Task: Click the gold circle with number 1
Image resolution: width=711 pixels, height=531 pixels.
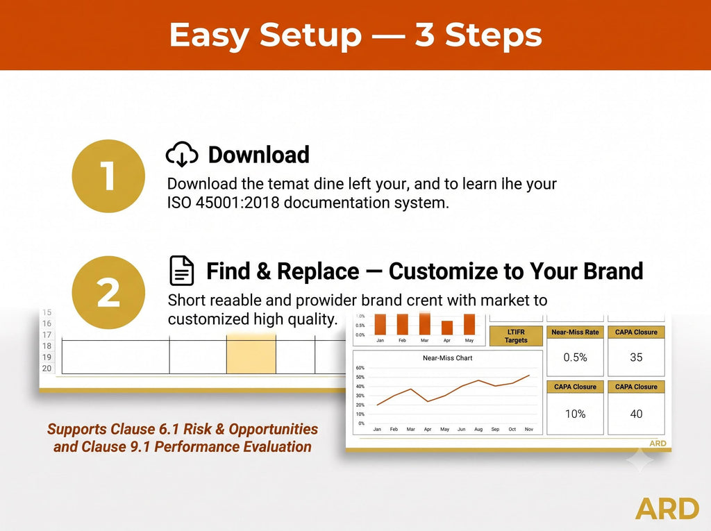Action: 108,176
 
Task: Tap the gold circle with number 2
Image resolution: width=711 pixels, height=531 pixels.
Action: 108,292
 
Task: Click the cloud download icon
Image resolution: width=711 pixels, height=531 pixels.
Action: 182,154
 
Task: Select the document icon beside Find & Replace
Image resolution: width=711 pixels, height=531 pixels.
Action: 181,271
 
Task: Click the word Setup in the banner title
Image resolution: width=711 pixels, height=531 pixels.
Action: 310,35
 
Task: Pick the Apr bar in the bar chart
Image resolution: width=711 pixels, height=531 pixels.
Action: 447,328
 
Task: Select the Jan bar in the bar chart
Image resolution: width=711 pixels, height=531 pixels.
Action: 380,325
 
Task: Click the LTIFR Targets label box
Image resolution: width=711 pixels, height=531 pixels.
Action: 516,336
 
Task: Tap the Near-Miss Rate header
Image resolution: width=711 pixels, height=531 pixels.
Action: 575,332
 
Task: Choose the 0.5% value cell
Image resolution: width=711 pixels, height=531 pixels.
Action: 575,357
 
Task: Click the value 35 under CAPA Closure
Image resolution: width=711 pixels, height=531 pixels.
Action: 636,357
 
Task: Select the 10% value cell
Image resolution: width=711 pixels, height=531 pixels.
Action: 575,414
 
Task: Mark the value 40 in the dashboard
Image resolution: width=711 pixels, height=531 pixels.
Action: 636,414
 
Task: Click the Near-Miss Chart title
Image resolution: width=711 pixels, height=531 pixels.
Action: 448,357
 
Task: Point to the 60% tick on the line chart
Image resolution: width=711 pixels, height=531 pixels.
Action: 360,368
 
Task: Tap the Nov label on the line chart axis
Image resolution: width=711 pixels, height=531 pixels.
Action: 528,429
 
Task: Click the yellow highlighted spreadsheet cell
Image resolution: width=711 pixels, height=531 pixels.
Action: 251,354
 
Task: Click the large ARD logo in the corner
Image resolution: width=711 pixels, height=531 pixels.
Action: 667,509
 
